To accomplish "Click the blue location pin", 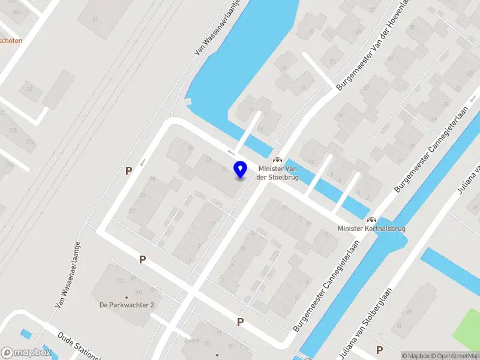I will (240, 169).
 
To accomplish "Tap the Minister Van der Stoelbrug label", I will (278, 173).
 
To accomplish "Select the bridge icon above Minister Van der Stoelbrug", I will (277, 160).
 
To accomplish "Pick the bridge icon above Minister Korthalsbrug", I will (371, 220).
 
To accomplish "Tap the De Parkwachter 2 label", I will (127, 305).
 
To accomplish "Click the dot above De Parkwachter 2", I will (127, 297).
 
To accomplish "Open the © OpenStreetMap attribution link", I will (458, 356).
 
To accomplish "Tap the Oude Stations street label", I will (78, 347).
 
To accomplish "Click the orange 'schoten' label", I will (11, 41).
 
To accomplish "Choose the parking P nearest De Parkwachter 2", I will (142, 260).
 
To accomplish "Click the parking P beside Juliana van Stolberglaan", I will (379, 350).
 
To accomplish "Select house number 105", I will (139, 292).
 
